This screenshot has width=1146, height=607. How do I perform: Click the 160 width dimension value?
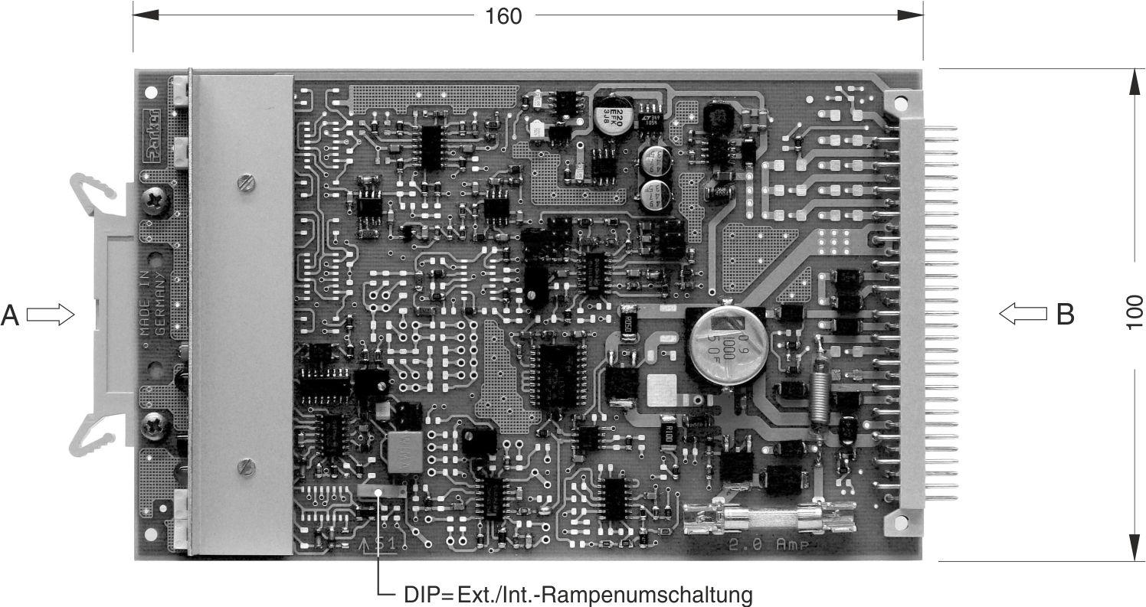pos(503,15)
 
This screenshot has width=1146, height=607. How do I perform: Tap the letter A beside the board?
pos(10,315)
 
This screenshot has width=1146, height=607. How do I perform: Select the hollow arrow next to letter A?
pos(50,315)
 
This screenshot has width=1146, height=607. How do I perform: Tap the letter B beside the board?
pos(1065,314)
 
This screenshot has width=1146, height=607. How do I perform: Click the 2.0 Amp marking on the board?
pos(764,546)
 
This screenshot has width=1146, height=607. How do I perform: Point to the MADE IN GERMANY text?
pos(151,302)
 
